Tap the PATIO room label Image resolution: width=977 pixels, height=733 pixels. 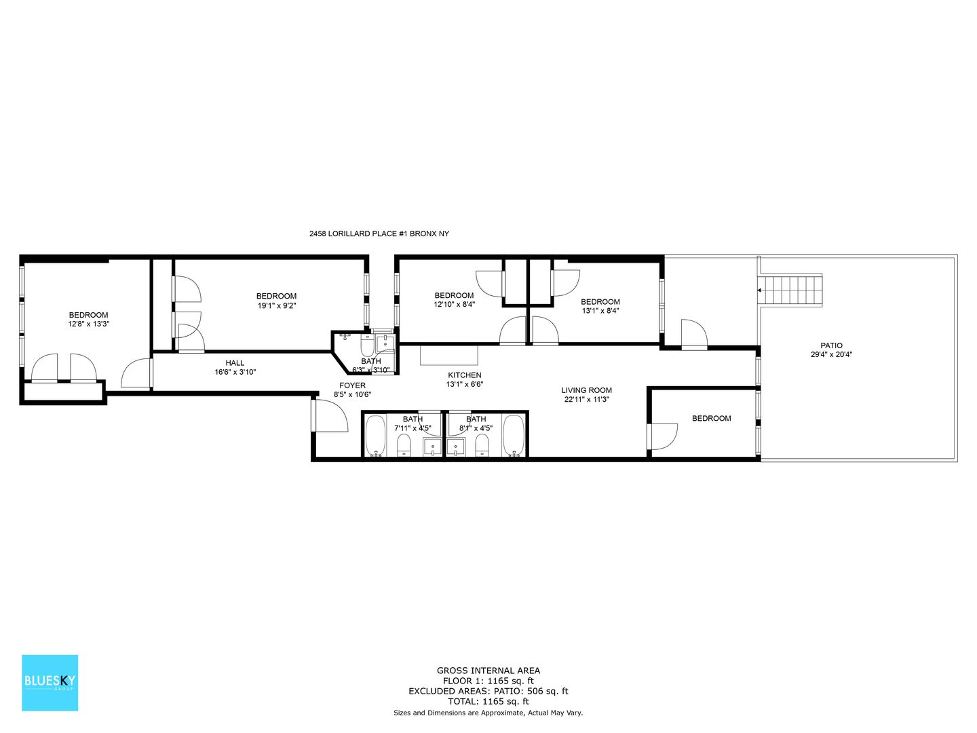(x=831, y=345)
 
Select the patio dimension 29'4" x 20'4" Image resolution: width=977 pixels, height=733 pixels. (x=831, y=355)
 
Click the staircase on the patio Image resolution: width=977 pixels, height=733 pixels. (x=790, y=290)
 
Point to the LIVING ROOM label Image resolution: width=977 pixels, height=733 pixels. (x=586, y=390)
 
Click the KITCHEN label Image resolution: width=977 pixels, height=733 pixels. (x=464, y=375)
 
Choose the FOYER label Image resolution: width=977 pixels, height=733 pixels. (x=352, y=386)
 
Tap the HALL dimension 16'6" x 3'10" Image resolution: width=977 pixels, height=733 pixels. (x=235, y=372)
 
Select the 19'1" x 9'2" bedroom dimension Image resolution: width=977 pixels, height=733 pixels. (x=276, y=305)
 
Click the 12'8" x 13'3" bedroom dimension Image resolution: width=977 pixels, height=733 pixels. (x=89, y=324)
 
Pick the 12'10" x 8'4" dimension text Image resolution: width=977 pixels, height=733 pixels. (x=454, y=305)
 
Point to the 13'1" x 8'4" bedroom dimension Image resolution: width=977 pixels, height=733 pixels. (x=600, y=311)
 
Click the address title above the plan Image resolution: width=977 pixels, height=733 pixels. (x=379, y=233)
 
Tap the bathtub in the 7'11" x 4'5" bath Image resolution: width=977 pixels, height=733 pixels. (x=375, y=436)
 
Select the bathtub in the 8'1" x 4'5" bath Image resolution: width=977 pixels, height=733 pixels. (x=514, y=436)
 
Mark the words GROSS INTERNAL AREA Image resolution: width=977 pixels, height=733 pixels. (x=488, y=671)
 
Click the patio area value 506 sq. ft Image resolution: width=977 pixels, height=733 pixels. (x=548, y=691)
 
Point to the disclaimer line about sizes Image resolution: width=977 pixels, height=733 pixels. (x=488, y=713)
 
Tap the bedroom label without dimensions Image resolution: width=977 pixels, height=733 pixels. (x=711, y=418)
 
